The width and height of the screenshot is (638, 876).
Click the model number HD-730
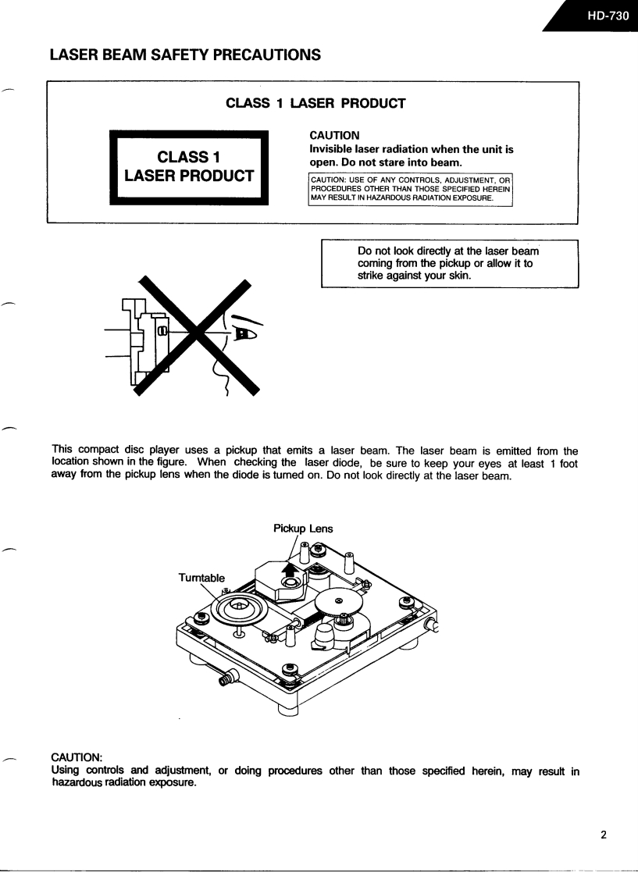(x=608, y=15)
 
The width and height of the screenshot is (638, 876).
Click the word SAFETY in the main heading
(x=177, y=55)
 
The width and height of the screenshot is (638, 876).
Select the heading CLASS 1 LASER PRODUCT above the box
(x=315, y=103)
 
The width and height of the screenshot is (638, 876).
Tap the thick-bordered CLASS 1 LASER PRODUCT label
(x=189, y=167)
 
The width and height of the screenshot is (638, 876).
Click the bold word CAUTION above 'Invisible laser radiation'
(x=334, y=136)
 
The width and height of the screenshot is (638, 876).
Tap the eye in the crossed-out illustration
(x=244, y=333)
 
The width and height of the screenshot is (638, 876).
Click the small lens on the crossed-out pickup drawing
(x=162, y=332)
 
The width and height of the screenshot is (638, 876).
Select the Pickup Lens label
(x=303, y=529)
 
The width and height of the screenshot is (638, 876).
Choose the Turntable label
(x=201, y=578)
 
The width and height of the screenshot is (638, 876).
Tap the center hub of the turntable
(x=239, y=607)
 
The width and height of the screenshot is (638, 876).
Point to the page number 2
(x=603, y=834)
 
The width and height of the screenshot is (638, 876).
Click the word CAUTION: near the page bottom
(x=77, y=757)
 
